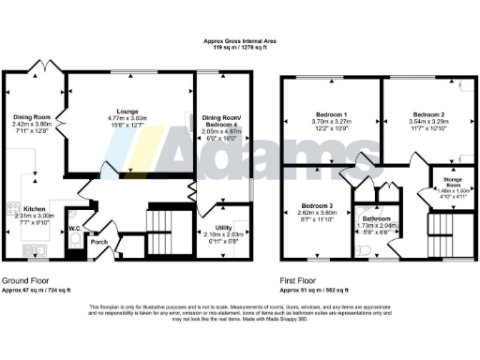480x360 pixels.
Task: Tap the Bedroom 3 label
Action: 317,205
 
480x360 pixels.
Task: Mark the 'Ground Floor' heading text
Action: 27,280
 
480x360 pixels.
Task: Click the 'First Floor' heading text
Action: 301,280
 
